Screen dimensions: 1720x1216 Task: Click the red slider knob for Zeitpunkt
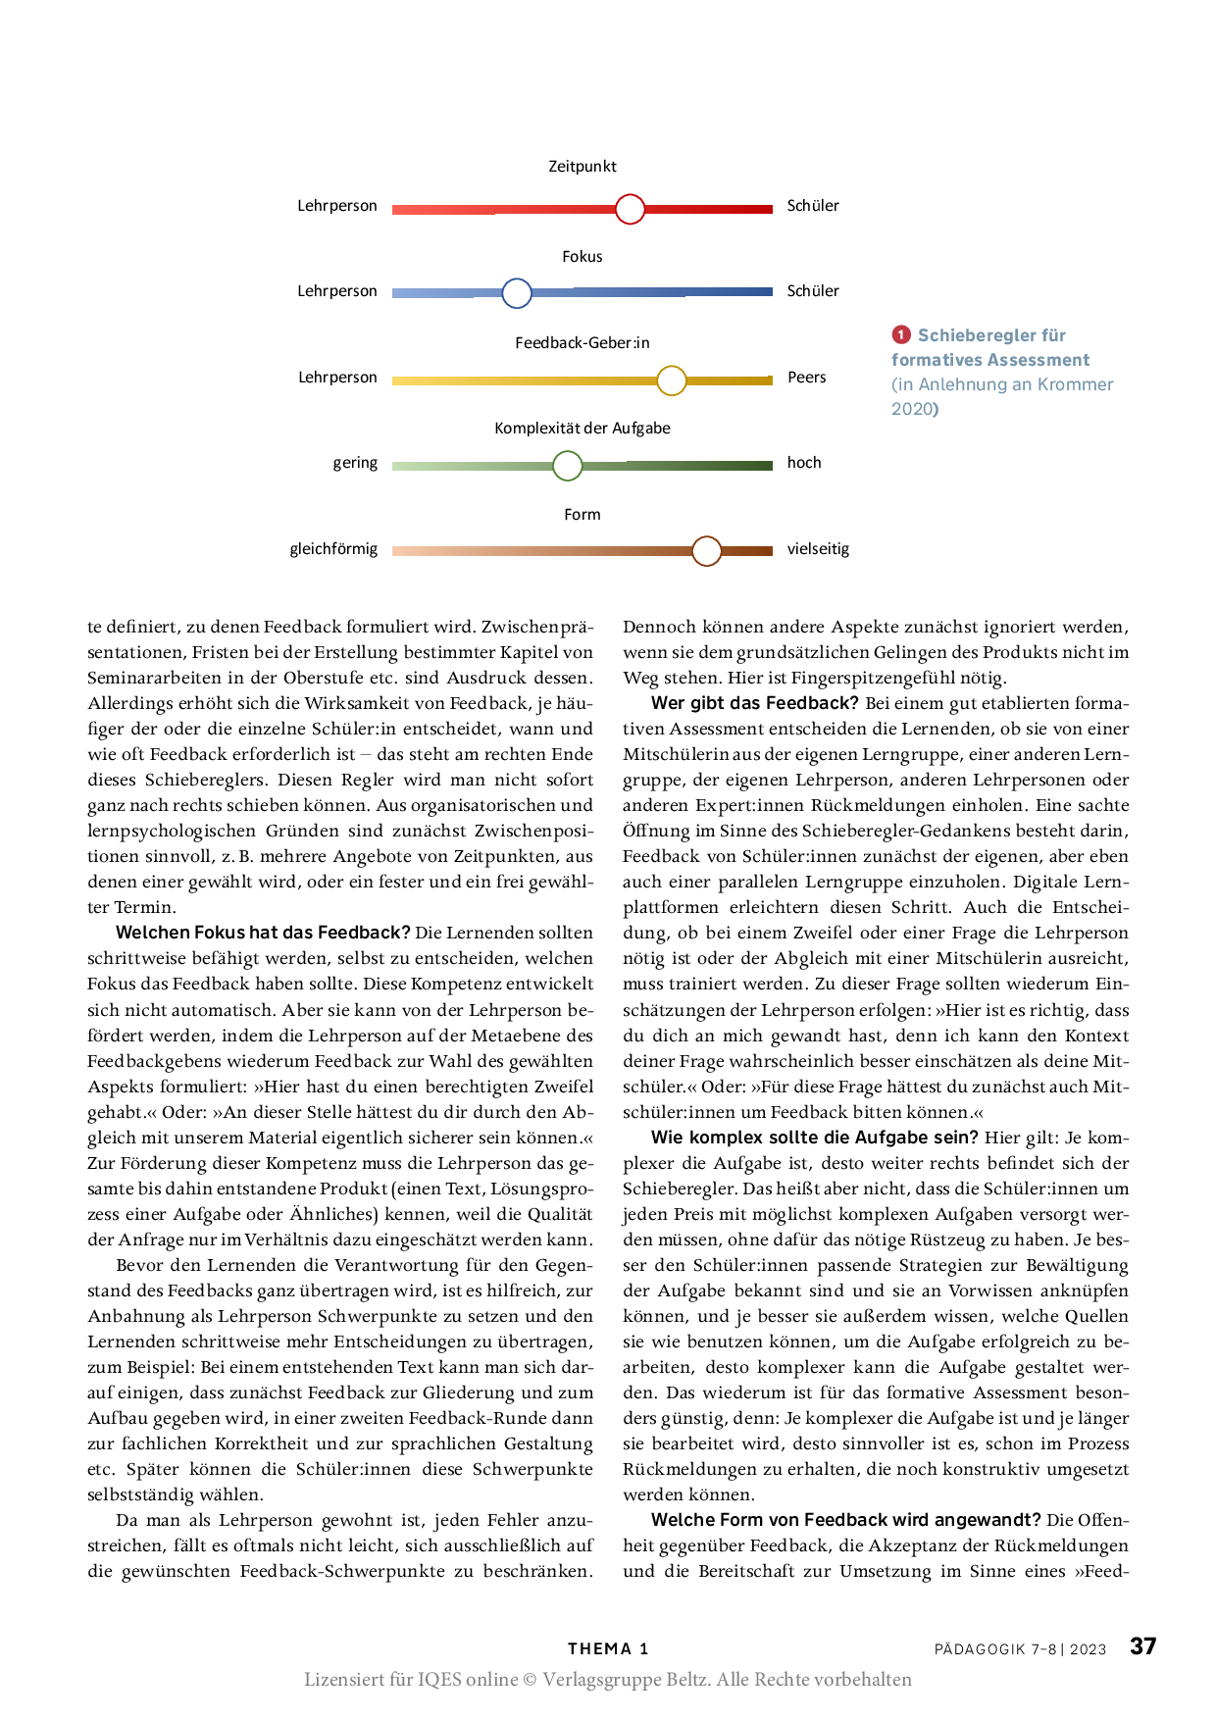pyautogui.click(x=630, y=209)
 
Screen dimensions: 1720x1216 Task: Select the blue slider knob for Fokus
pyautogui.click(x=517, y=293)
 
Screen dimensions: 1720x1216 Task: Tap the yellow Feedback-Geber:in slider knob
pyautogui.click(x=672, y=379)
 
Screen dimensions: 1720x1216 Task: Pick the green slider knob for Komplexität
pyautogui.click(x=568, y=466)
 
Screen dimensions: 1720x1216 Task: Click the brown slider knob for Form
pyautogui.click(x=706, y=551)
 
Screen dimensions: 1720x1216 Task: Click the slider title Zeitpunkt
pyautogui.click(x=583, y=167)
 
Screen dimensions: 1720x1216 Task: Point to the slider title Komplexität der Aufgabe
pyautogui.click(x=583, y=429)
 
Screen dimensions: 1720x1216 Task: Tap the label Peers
pyautogui.click(x=807, y=378)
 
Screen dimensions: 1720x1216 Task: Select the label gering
pyautogui.click(x=355, y=463)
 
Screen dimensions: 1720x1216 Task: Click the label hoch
pyautogui.click(x=804, y=463)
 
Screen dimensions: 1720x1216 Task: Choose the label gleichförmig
pyautogui.click(x=333, y=549)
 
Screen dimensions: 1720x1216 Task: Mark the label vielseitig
pyautogui.click(x=818, y=549)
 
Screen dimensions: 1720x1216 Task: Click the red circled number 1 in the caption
pyautogui.click(x=901, y=335)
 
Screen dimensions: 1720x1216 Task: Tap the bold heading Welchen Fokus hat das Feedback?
pyautogui.click(x=263, y=933)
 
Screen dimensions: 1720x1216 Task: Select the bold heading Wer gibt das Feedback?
pyautogui.click(x=755, y=703)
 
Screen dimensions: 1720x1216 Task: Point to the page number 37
pyautogui.click(x=1143, y=1646)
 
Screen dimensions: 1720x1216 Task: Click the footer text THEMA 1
pyautogui.click(x=608, y=1648)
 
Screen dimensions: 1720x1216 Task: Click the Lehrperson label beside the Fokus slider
pyautogui.click(x=337, y=291)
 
